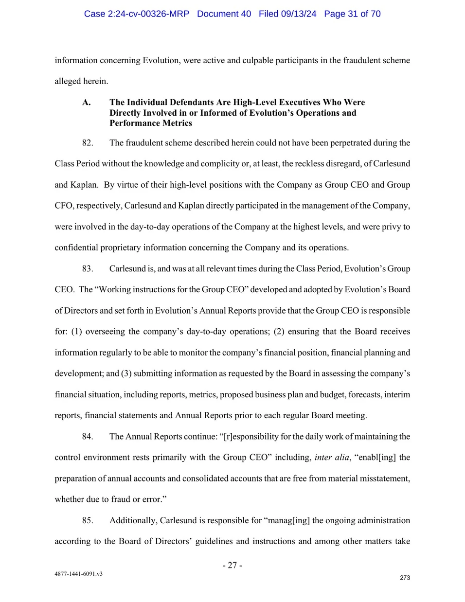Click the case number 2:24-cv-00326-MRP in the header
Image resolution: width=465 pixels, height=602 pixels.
[136, 14]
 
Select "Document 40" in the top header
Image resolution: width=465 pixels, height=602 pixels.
[224, 14]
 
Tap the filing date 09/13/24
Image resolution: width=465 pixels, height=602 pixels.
[298, 14]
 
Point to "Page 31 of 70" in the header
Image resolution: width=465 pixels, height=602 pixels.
[352, 14]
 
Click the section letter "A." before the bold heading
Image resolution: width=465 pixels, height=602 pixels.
[87, 102]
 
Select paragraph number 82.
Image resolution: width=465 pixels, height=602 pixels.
[88, 143]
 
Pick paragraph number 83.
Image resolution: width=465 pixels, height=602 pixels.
[88, 269]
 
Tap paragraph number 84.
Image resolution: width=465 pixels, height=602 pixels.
[88, 437]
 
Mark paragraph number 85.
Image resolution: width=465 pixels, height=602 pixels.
[88, 521]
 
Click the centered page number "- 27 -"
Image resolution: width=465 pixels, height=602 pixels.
[232, 565]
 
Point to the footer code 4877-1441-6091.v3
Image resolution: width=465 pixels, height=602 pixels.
[78, 574]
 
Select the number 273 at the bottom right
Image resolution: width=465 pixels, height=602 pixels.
[405, 578]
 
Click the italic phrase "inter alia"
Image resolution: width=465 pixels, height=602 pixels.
[332, 458]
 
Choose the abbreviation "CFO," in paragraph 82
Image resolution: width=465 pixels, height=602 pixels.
[64, 206]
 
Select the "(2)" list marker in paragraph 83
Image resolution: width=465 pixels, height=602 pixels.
[279, 332]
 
